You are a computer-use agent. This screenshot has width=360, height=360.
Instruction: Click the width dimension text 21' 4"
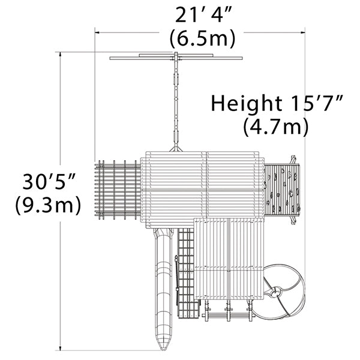[202, 16]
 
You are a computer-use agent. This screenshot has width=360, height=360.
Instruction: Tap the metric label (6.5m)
[203, 38]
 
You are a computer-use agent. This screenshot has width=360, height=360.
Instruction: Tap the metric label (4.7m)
[276, 127]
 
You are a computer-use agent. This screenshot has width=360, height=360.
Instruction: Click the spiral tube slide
[284, 292]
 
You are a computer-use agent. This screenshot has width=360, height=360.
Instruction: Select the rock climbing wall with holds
[282, 190]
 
